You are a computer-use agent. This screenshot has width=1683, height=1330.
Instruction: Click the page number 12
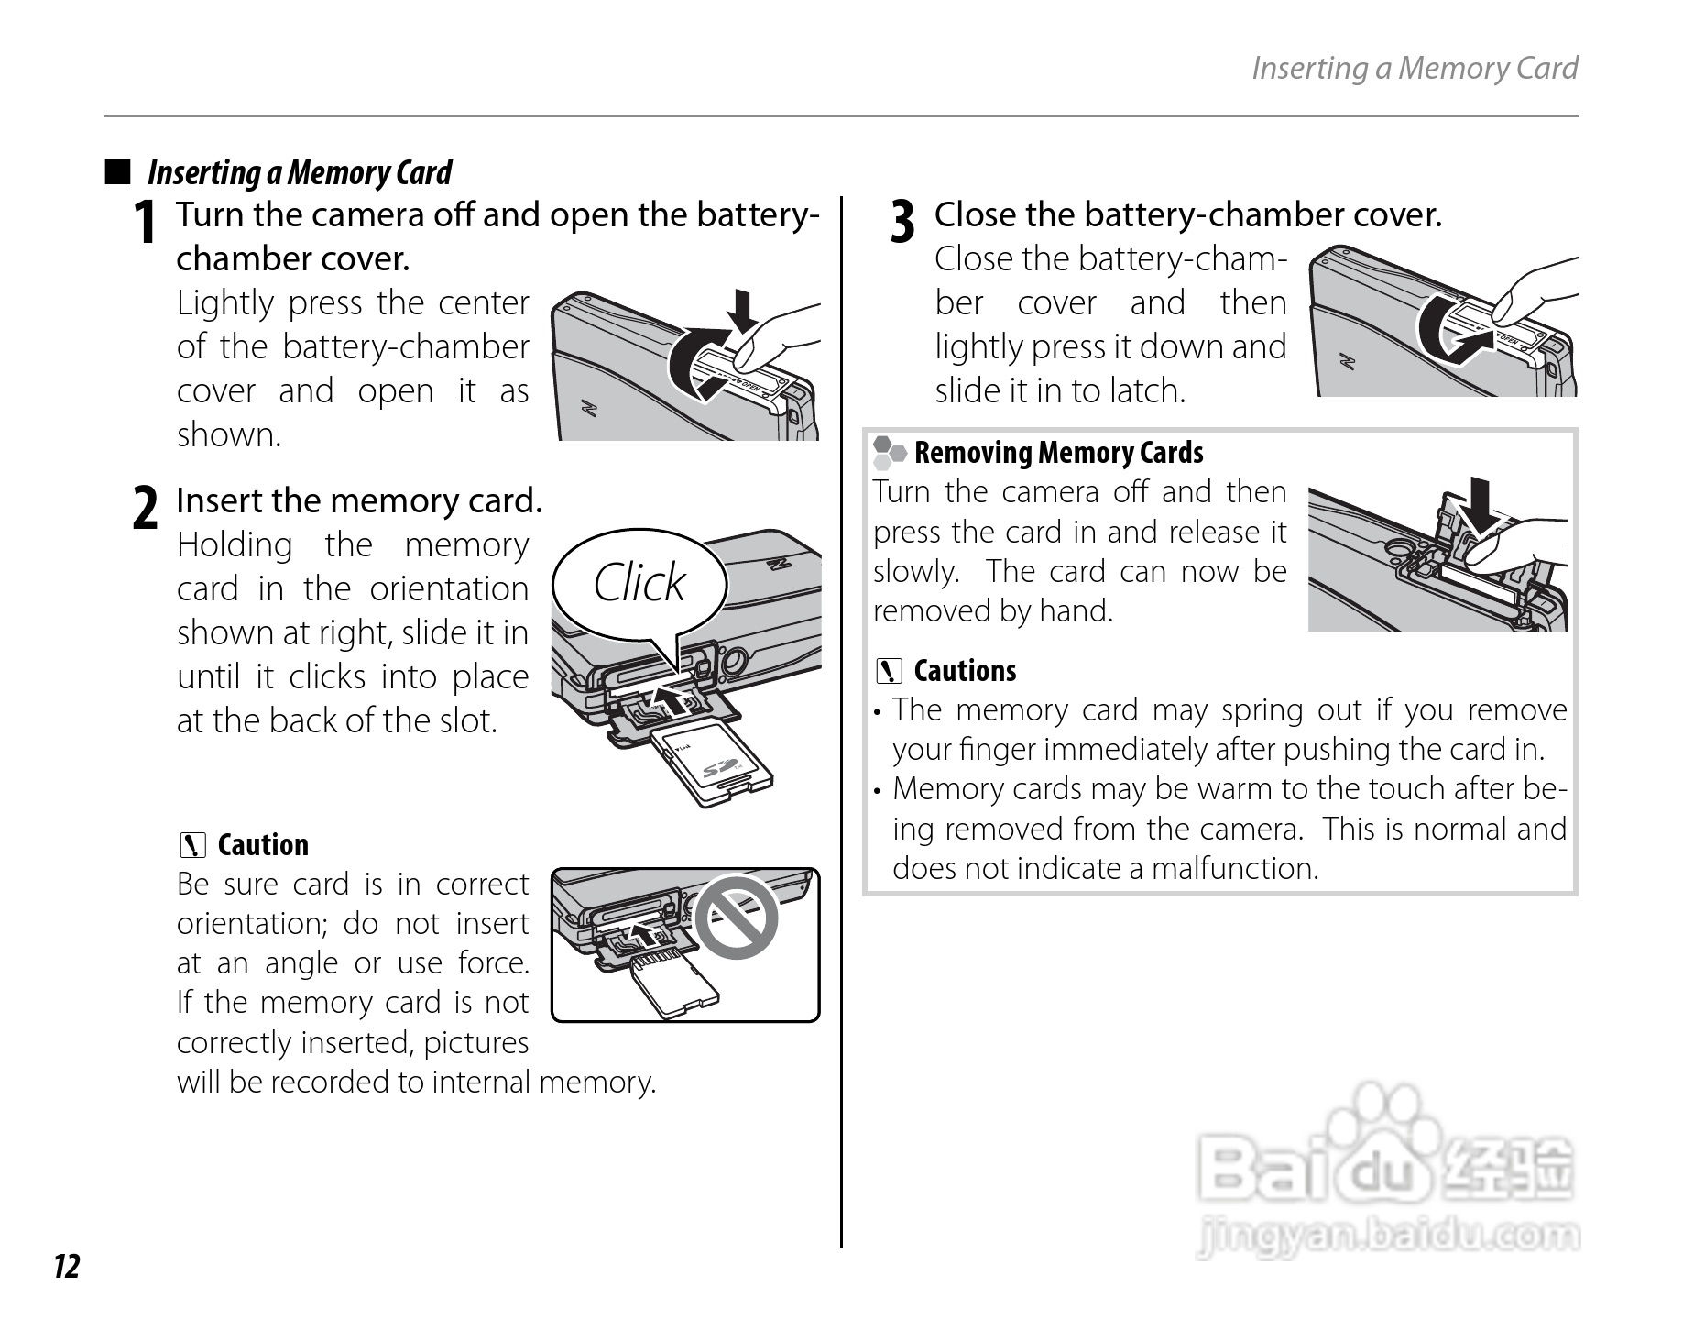pyautogui.click(x=67, y=1266)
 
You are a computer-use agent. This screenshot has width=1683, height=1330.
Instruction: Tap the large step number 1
pyautogui.click(x=143, y=223)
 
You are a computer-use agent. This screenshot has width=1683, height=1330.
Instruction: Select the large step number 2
pyautogui.click(x=145, y=509)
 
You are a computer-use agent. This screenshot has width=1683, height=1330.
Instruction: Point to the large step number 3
pyautogui.click(x=902, y=223)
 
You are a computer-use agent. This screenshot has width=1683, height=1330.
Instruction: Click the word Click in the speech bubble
pyautogui.click(x=639, y=582)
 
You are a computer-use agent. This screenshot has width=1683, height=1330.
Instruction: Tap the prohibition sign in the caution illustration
pyautogui.click(x=736, y=918)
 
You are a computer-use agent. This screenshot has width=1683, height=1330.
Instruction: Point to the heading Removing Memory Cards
pyautogui.click(x=1058, y=453)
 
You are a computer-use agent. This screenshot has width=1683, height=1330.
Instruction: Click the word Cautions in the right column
pyautogui.click(x=965, y=671)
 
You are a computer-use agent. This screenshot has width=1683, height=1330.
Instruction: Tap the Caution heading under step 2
pyautogui.click(x=263, y=845)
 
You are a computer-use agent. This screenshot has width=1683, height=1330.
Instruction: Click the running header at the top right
pyautogui.click(x=1414, y=68)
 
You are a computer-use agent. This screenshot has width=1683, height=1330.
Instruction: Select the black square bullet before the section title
pyautogui.click(x=117, y=171)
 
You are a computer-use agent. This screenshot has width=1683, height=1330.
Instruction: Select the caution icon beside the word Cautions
pyautogui.click(x=888, y=672)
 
